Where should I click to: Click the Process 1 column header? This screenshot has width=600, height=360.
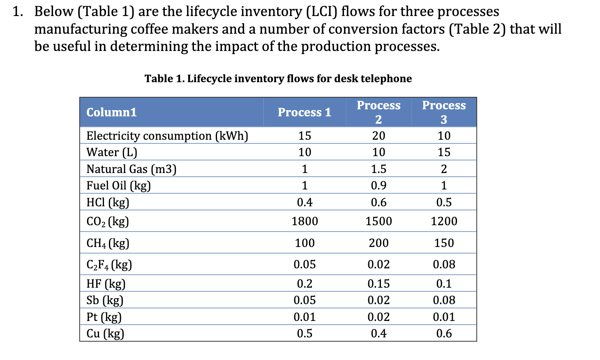(x=304, y=112)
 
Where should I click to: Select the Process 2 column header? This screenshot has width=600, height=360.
(x=378, y=112)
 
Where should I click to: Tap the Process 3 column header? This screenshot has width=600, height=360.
(x=444, y=112)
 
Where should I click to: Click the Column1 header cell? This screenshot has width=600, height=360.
(x=111, y=112)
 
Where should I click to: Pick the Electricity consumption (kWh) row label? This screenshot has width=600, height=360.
(x=167, y=136)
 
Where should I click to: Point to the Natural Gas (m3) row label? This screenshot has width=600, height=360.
(x=131, y=169)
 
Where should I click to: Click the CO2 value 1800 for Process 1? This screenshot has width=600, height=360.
(x=305, y=221)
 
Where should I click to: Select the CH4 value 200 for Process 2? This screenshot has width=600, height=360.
(x=378, y=243)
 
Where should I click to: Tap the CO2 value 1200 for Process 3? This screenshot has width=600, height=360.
(x=444, y=221)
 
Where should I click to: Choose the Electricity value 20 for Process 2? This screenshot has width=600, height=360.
(x=378, y=136)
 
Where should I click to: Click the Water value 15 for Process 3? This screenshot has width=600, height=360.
(x=444, y=152)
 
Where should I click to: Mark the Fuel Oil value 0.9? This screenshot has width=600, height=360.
(x=378, y=185)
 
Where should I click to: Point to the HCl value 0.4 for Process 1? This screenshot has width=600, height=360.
(x=305, y=202)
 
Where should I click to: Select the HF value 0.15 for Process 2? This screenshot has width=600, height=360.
(x=378, y=284)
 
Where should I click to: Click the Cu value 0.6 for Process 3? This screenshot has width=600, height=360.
(x=444, y=333)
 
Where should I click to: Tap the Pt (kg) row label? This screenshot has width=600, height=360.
(x=104, y=317)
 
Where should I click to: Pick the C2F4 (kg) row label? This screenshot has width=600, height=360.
(x=109, y=264)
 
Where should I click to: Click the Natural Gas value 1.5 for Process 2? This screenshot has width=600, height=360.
(x=378, y=169)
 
